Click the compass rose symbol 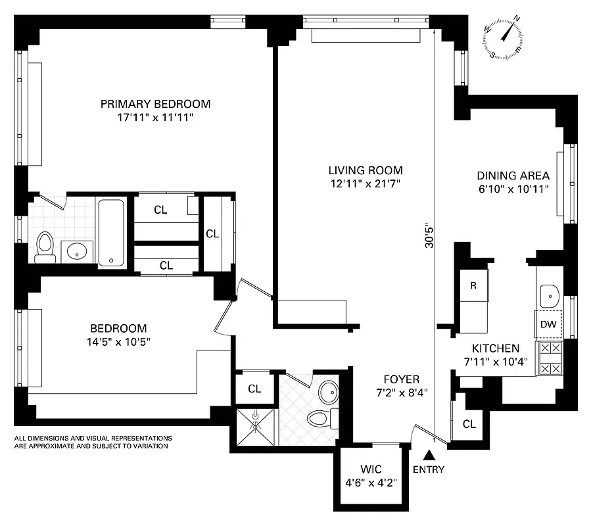point(504,37)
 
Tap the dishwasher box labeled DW point(548,324)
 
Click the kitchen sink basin point(548,294)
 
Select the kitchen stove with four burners point(549,358)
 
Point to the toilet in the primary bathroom point(45,246)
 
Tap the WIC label point(370,469)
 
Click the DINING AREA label point(513,176)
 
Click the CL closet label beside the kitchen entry point(469,424)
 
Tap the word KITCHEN point(496,348)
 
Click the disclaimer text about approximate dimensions point(93,442)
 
